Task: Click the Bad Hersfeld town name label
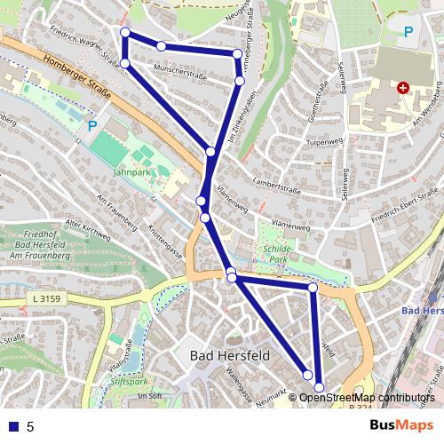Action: tap(230, 355)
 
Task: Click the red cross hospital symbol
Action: tap(403, 88)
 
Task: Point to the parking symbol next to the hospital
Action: tap(408, 33)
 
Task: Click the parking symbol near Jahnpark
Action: tap(91, 126)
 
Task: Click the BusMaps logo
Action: tap(401, 425)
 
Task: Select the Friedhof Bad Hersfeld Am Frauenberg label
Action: tap(41, 245)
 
